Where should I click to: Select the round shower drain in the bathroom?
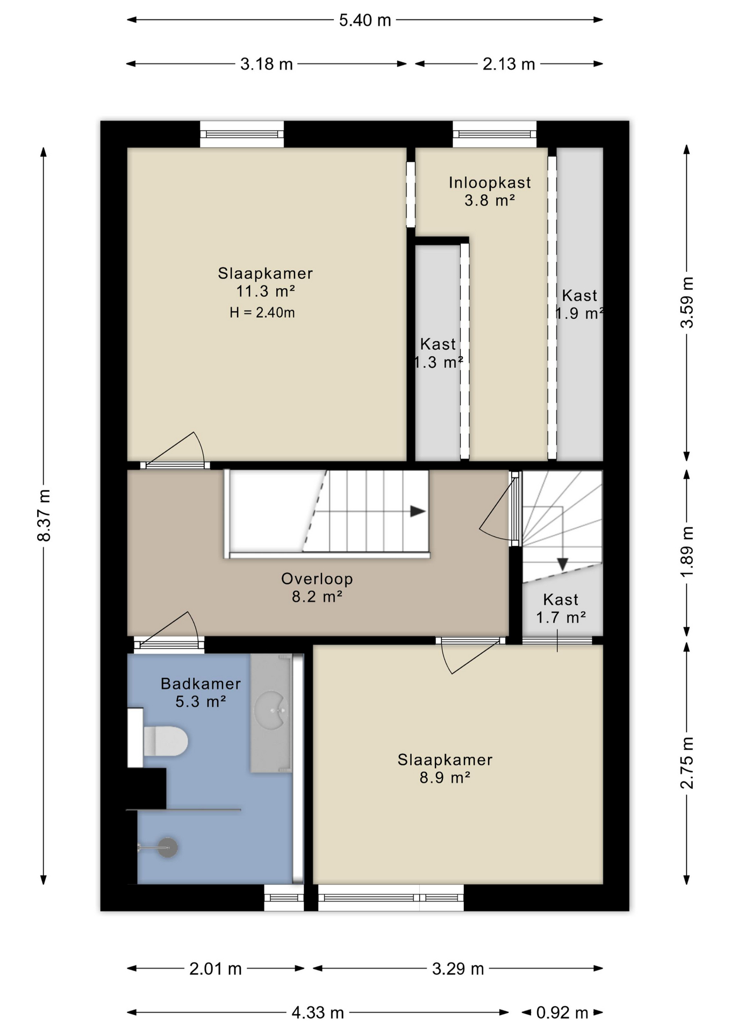[x=168, y=848]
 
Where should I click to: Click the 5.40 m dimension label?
[x=365, y=20]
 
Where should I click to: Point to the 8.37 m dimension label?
[x=44, y=515]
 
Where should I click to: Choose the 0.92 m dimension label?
[x=562, y=1013]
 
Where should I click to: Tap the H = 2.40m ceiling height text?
[x=262, y=312]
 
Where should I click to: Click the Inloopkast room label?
[x=490, y=183]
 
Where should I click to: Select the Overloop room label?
[x=317, y=579]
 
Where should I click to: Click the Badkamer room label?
[x=201, y=684]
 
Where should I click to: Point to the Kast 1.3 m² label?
[x=438, y=353]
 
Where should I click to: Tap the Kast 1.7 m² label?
[x=561, y=608]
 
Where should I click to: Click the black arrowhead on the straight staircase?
[x=418, y=511]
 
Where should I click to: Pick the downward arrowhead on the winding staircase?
[x=562, y=564]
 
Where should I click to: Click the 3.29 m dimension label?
[x=458, y=969]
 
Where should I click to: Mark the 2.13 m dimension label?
[x=509, y=64]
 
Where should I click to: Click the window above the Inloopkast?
[x=495, y=134]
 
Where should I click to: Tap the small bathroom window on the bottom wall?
[x=284, y=898]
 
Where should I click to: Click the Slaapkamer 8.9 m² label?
[x=445, y=769]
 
